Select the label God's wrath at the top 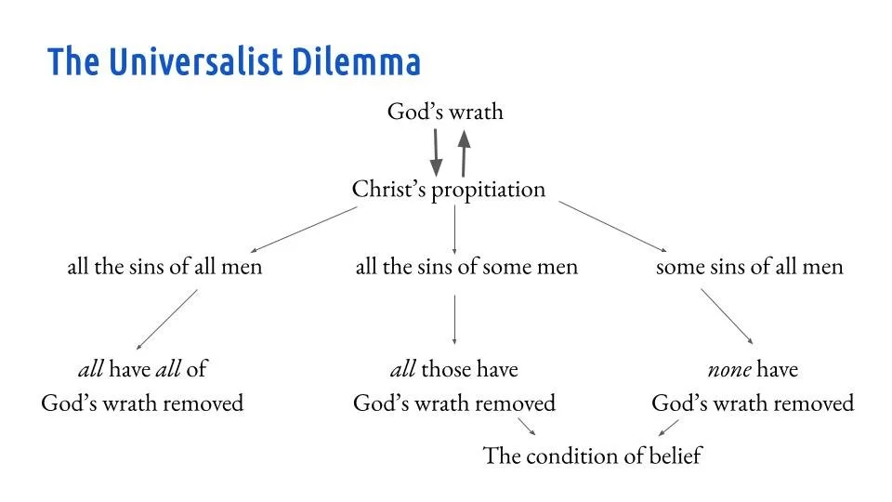445,112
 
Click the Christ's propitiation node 448,190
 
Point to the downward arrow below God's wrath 436,152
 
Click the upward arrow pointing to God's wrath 464,152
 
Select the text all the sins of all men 164,267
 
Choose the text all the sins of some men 466,267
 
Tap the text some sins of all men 749,267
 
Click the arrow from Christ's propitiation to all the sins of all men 304,230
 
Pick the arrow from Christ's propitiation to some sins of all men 613,227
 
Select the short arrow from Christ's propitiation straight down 454,229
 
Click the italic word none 728,369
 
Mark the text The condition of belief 593,456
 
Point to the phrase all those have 453,369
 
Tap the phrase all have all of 142,369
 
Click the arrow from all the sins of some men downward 454,319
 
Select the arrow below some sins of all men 727,317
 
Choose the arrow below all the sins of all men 167,319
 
